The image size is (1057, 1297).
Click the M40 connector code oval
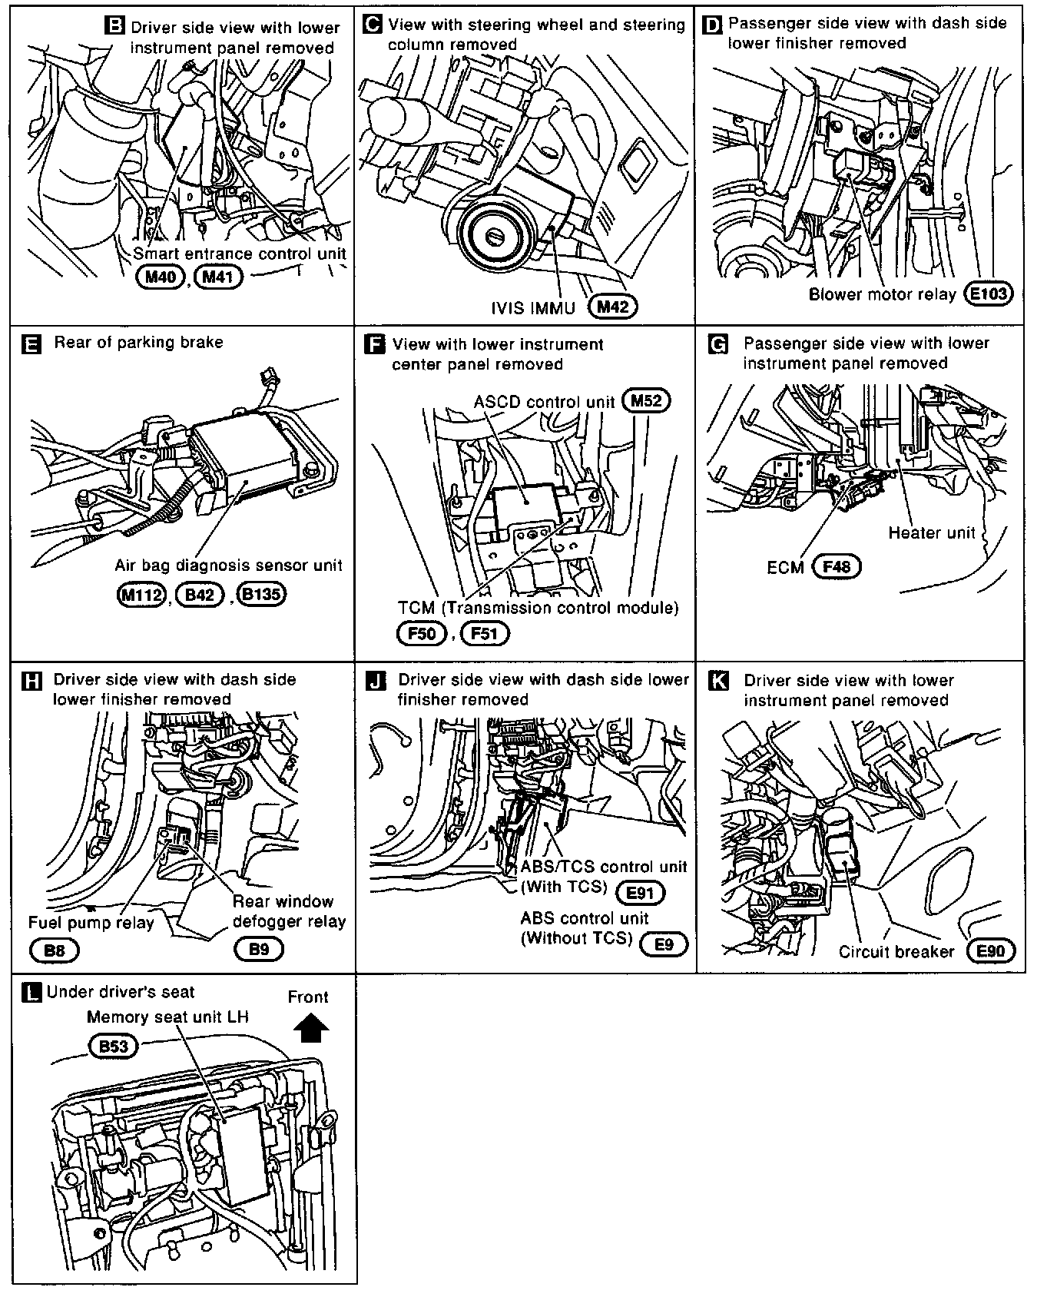[161, 277]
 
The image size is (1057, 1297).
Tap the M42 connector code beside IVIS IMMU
[612, 307]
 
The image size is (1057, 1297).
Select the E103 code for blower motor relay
[989, 294]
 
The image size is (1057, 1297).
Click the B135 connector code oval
[261, 594]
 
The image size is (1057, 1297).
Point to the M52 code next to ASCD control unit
[646, 400]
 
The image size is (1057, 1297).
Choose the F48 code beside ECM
[837, 567]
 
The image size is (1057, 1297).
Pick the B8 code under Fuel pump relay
[55, 950]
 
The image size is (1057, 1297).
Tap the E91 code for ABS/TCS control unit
[640, 892]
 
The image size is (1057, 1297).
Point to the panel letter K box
[717, 682]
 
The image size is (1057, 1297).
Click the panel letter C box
[371, 25]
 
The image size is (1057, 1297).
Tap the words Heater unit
[931, 532]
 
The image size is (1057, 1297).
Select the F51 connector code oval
[485, 633]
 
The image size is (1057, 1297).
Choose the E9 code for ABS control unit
[664, 944]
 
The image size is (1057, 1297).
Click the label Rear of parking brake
[138, 343]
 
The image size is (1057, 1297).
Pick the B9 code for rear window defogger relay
[259, 949]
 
